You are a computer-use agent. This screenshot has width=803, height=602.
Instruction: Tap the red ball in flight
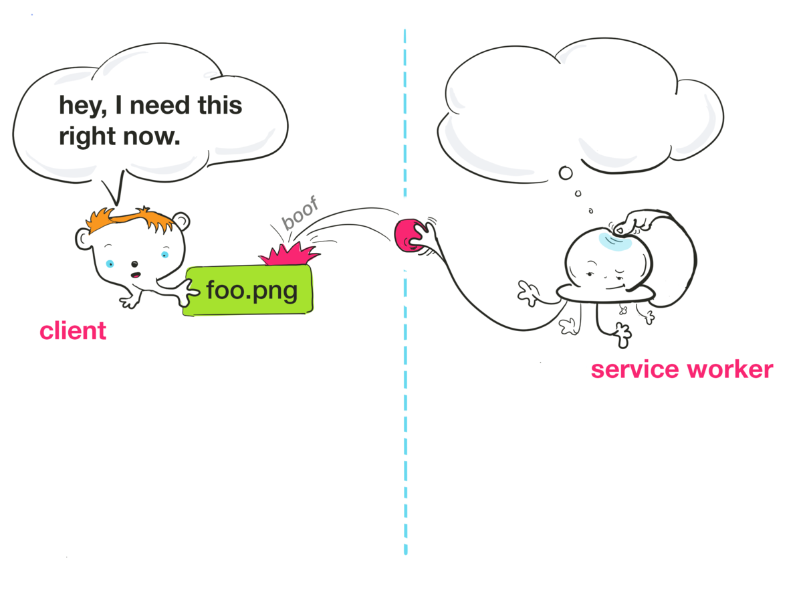pos(408,236)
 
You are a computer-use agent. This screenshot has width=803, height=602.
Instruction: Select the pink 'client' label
pos(73,330)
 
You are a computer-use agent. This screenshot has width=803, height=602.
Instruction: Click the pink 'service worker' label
pos(681,369)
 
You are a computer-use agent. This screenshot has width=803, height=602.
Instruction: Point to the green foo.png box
pos(249,291)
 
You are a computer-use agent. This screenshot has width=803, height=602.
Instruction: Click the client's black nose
pos(134,264)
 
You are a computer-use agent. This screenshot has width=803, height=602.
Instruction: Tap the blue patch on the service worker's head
pos(614,241)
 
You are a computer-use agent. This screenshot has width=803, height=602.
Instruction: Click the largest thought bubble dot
pos(566,174)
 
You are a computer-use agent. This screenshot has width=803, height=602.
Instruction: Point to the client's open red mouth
pos(135,276)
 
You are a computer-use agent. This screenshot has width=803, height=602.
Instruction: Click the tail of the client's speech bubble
pos(115,187)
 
